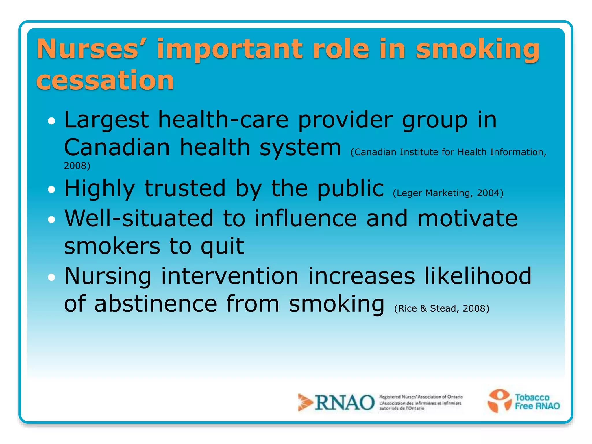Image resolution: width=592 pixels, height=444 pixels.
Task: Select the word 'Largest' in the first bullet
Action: (x=106, y=120)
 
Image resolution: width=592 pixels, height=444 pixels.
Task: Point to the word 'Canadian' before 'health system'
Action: (x=117, y=147)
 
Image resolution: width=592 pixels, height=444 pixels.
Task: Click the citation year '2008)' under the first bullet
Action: (x=77, y=166)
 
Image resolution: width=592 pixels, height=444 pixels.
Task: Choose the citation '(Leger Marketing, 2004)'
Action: (x=448, y=193)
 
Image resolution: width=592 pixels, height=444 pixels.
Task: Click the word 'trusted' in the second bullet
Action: (x=185, y=188)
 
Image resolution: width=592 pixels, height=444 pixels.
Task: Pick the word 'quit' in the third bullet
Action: (x=222, y=246)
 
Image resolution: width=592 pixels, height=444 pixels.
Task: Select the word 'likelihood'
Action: (x=478, y=276)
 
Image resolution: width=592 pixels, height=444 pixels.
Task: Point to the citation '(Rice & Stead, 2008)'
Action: (x=441, y=308)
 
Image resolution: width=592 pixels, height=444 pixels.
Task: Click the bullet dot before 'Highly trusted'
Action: (x=51, y=190)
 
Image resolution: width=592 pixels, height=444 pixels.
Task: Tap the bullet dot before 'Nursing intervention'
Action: (x=51, y=277)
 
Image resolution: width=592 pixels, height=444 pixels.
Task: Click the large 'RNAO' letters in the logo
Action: (x=345, y=403)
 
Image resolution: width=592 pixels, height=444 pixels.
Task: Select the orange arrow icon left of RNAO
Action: (x=305, y=402)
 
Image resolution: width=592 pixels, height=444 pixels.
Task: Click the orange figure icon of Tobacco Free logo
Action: (x=499, y=400)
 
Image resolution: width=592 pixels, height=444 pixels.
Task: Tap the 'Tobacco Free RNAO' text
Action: (x=537, y=402)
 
